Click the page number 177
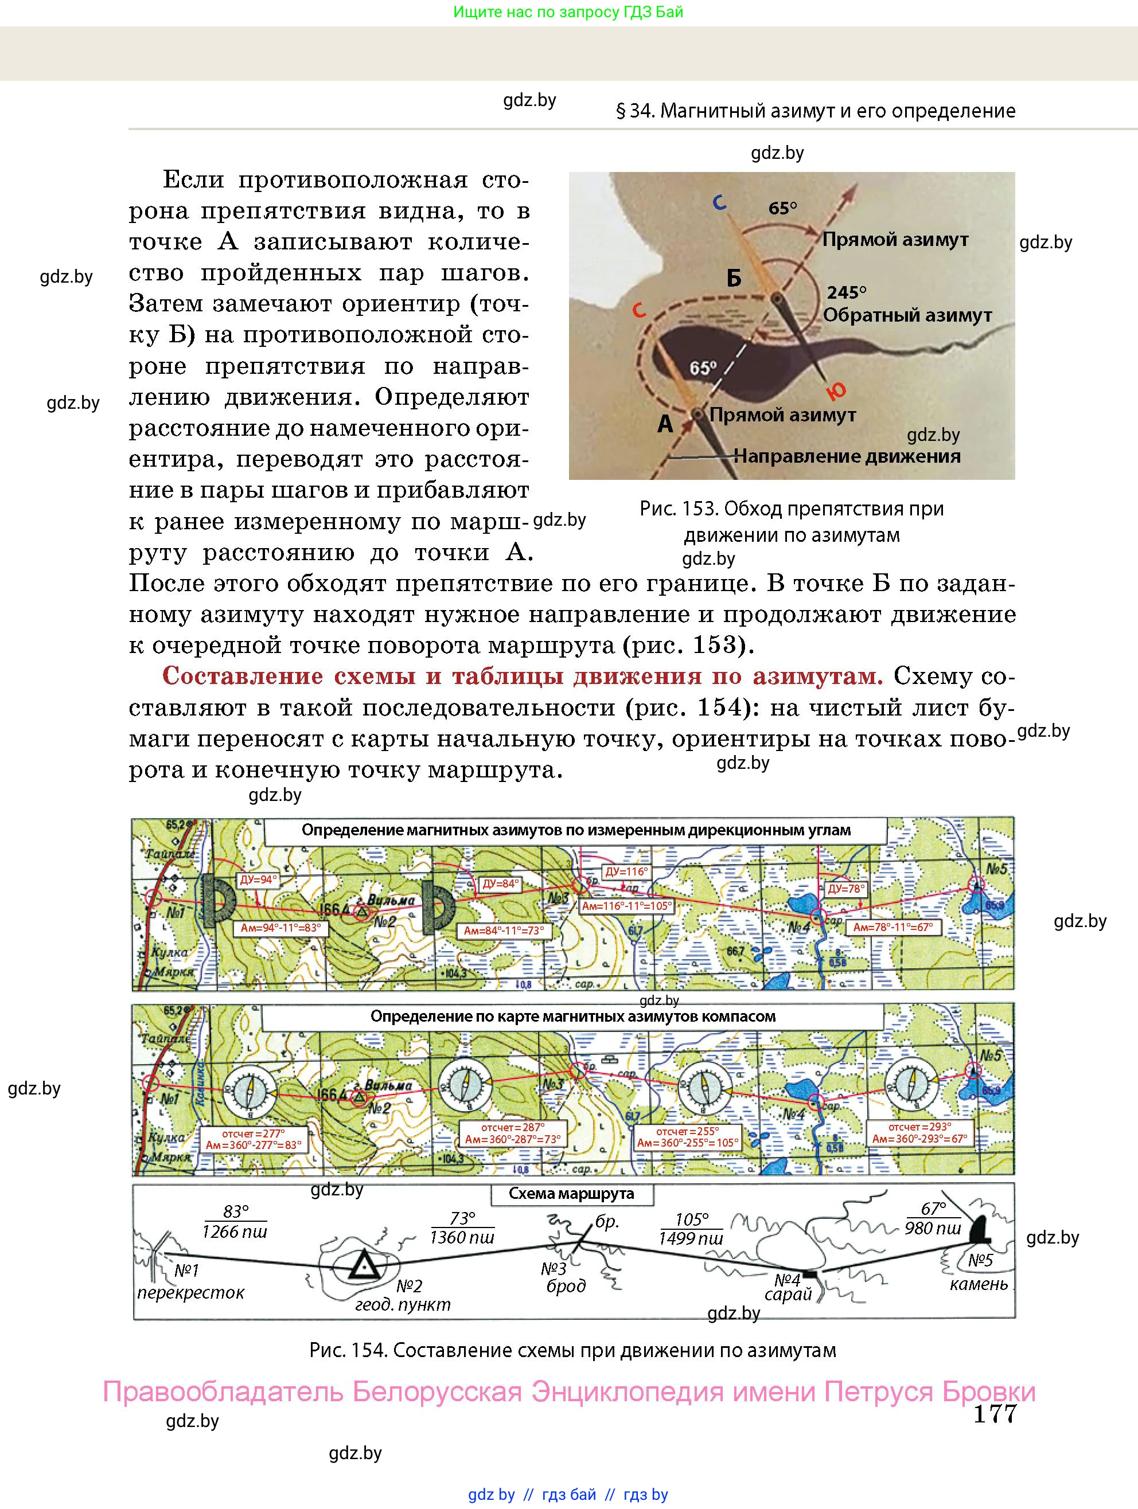995,1413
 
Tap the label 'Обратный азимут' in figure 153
907,315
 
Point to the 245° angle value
847,292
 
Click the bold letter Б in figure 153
733,278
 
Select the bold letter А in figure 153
665,424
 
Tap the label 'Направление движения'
847,456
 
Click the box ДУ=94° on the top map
258,880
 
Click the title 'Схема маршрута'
571,1194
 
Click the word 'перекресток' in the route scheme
190,1293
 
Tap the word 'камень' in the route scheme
979,1284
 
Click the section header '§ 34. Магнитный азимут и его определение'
816,111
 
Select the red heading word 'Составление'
243,676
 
